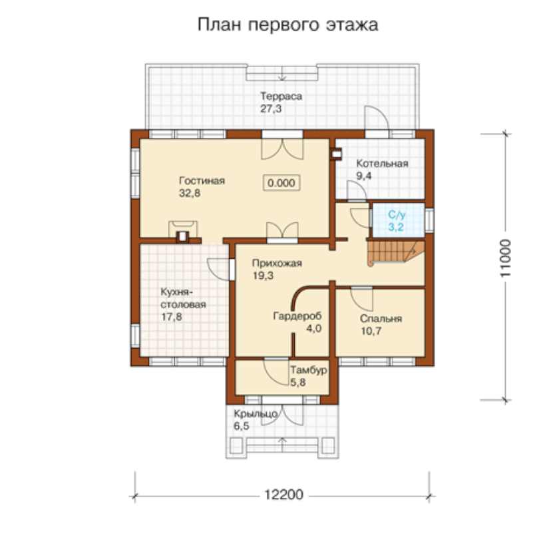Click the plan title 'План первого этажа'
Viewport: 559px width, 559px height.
pos(287,25)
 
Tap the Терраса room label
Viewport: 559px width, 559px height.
pos(281,96)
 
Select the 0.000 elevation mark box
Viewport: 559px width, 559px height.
pos(281,183)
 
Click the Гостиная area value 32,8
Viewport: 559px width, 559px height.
pos(189,193)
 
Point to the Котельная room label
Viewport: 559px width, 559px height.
pos(382,164)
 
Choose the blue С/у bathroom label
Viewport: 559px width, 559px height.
pos(397,215)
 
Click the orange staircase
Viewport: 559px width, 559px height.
pos(396,252)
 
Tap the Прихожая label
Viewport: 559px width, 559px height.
pos(277,264)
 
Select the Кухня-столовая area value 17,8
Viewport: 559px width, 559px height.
pos(172,317)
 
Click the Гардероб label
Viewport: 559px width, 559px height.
pos(297,316)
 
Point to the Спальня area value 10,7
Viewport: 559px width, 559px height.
pos(371,331)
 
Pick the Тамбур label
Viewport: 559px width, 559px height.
pos(308,370)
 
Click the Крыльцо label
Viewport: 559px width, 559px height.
pos(256,413)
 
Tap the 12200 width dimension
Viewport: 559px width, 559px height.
pos(283,495)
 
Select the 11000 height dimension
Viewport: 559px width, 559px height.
pos(506,258)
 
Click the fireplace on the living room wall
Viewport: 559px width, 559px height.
pos(183,232)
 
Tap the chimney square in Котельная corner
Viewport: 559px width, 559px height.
pos(335,154)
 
